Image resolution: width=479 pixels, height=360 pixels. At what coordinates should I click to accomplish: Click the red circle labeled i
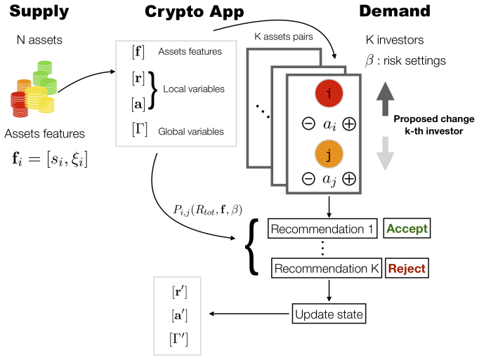point(329,93)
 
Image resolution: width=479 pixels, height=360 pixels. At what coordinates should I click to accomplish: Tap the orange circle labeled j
point(329,154)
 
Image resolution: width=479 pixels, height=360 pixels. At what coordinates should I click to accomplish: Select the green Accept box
point(407,228)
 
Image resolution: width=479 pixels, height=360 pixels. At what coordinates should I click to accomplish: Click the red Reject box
point(407,268)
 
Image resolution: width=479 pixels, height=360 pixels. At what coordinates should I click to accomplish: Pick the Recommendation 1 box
point(322,228)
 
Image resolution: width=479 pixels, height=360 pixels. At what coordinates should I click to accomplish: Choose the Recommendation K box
point(327,268)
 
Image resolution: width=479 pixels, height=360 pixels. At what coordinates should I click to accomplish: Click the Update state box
point(329,314)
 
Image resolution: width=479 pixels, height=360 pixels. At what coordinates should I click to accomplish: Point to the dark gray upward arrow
point(385,99)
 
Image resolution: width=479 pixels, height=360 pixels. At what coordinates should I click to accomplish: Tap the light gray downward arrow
point(385,154)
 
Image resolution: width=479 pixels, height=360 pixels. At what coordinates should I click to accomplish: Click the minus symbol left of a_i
point(308,124)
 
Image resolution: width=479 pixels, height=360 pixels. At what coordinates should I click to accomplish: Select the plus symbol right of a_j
point(349,179)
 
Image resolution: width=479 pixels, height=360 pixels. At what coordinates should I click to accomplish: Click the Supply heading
point(39,12)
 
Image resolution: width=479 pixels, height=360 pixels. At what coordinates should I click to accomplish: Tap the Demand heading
point(395,11)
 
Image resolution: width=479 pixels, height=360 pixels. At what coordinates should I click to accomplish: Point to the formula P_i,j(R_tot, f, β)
point(208,210)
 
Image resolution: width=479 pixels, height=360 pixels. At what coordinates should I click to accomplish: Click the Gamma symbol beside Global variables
point(140,129)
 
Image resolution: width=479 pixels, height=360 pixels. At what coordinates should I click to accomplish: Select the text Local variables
point(194,89)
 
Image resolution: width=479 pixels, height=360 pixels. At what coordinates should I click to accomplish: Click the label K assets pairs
point(284,36)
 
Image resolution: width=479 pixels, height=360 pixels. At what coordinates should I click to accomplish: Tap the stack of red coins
point(19,104)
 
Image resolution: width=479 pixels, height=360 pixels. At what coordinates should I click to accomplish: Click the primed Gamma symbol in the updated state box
point(178,339)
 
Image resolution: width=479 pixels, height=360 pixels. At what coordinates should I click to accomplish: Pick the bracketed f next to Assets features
point(138,52)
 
